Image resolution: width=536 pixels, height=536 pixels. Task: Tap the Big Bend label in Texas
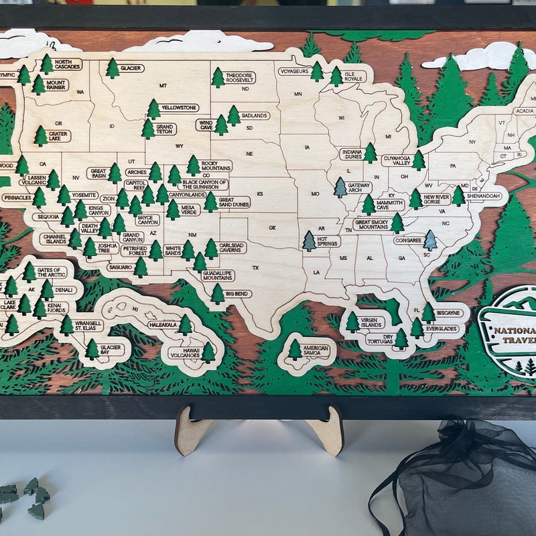tap(239, 293)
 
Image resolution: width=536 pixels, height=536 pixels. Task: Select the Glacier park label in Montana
tap(131, 68)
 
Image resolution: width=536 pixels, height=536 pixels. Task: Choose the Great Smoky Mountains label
tap(372, 224)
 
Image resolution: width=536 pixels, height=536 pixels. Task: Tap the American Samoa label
tap(316, 351)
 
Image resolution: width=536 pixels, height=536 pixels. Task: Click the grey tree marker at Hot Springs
tap(309, 241)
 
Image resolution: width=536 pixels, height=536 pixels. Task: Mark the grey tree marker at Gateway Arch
tap(340, 187)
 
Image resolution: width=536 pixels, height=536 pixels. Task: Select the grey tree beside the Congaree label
tap(430, 240)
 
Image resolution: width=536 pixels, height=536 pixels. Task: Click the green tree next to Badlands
tap(234, 115)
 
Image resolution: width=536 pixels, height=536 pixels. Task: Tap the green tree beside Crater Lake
tap(41, 136)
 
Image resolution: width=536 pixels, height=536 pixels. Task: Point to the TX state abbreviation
tap(255, 268)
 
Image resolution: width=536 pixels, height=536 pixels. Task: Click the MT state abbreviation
tap(163, 86)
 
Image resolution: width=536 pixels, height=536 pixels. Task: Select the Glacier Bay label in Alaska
tap(111, 349)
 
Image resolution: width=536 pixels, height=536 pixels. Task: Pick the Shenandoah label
tap(484, 196)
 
